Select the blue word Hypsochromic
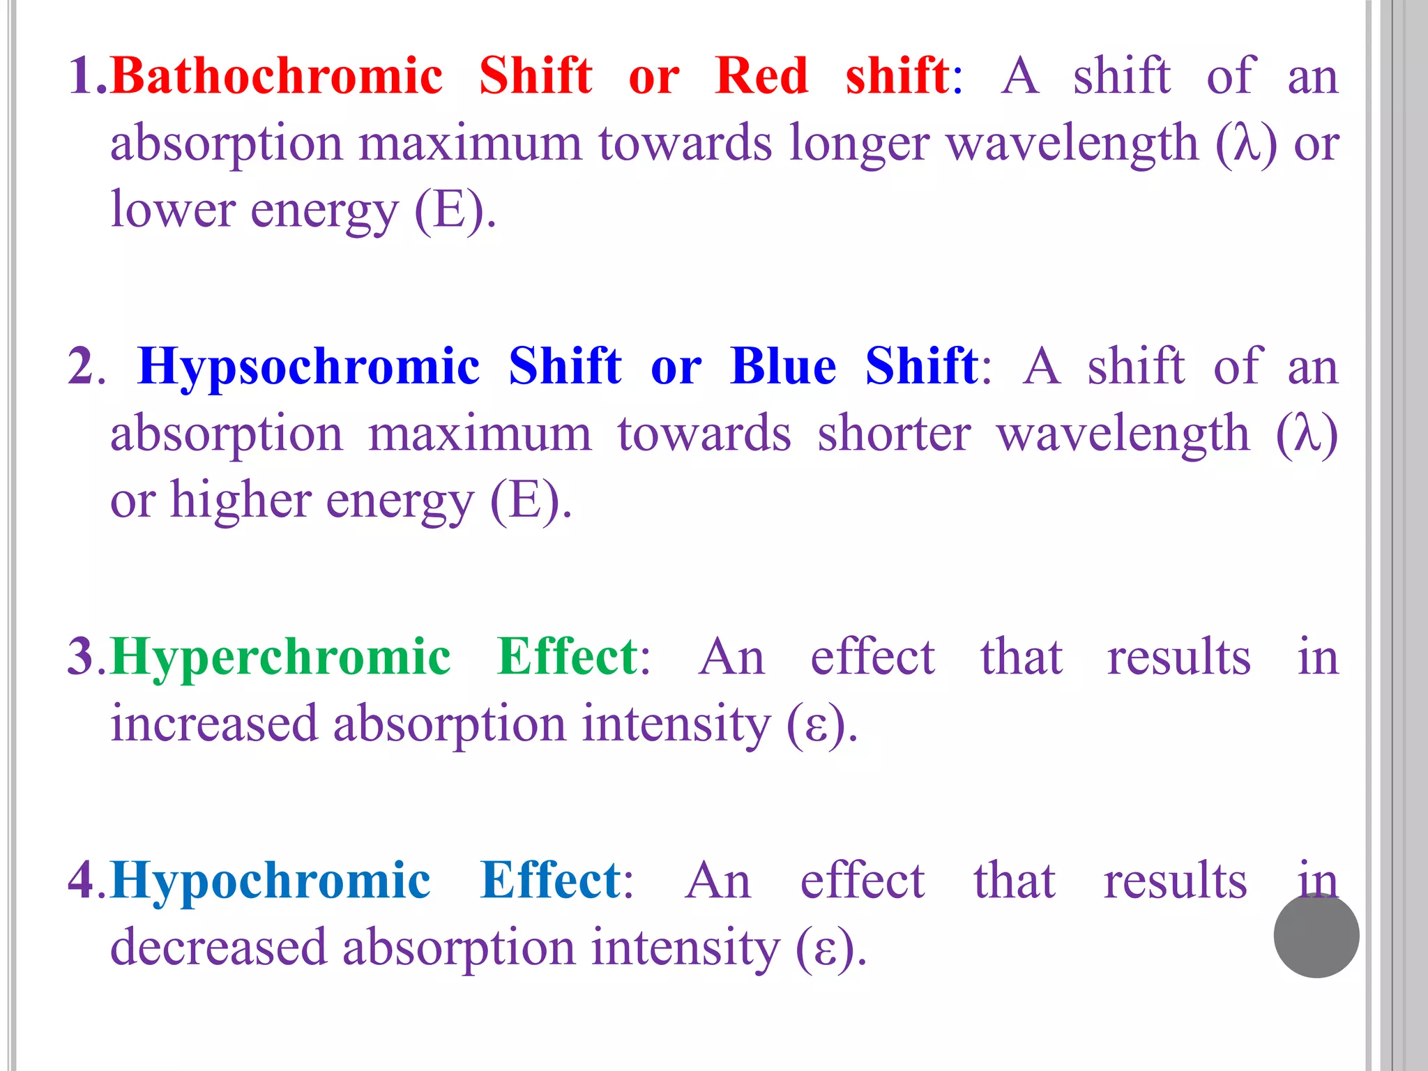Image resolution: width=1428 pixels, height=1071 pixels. [x=309, y=367]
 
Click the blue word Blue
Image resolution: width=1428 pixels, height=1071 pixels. [x=782, y=367]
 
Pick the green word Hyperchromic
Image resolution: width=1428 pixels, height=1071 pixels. [x=281, y=657]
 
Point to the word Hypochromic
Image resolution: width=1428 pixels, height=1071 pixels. [x=271, y=881]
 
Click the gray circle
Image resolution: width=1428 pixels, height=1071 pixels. [x=1316, y=935]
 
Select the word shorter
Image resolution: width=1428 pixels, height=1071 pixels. [x=894, y=434]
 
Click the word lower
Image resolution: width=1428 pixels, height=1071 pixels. [x=172, y=209]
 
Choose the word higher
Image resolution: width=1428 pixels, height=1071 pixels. [x=241, y=501]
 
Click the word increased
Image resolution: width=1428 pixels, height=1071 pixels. [x=214, y=724]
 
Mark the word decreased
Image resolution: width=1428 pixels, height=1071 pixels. [x=218, y=948]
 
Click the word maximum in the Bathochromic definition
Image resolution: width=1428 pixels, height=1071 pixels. [x=470, y=144]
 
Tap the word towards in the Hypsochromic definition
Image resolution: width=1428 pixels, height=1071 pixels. [x=704, y=434]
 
